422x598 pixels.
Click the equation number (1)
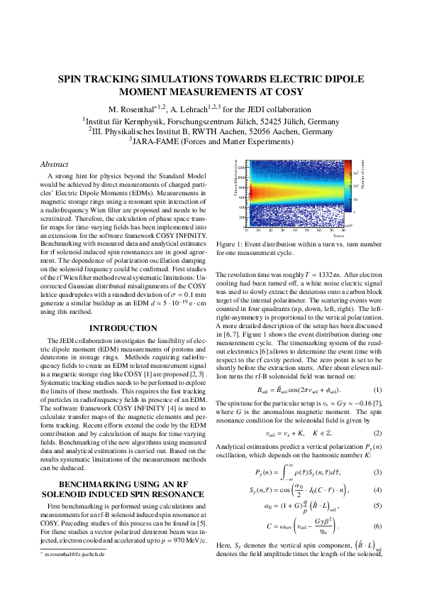377,390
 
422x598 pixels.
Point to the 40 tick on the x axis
295,230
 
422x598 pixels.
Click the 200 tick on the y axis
241,217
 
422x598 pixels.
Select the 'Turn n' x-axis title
338,235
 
